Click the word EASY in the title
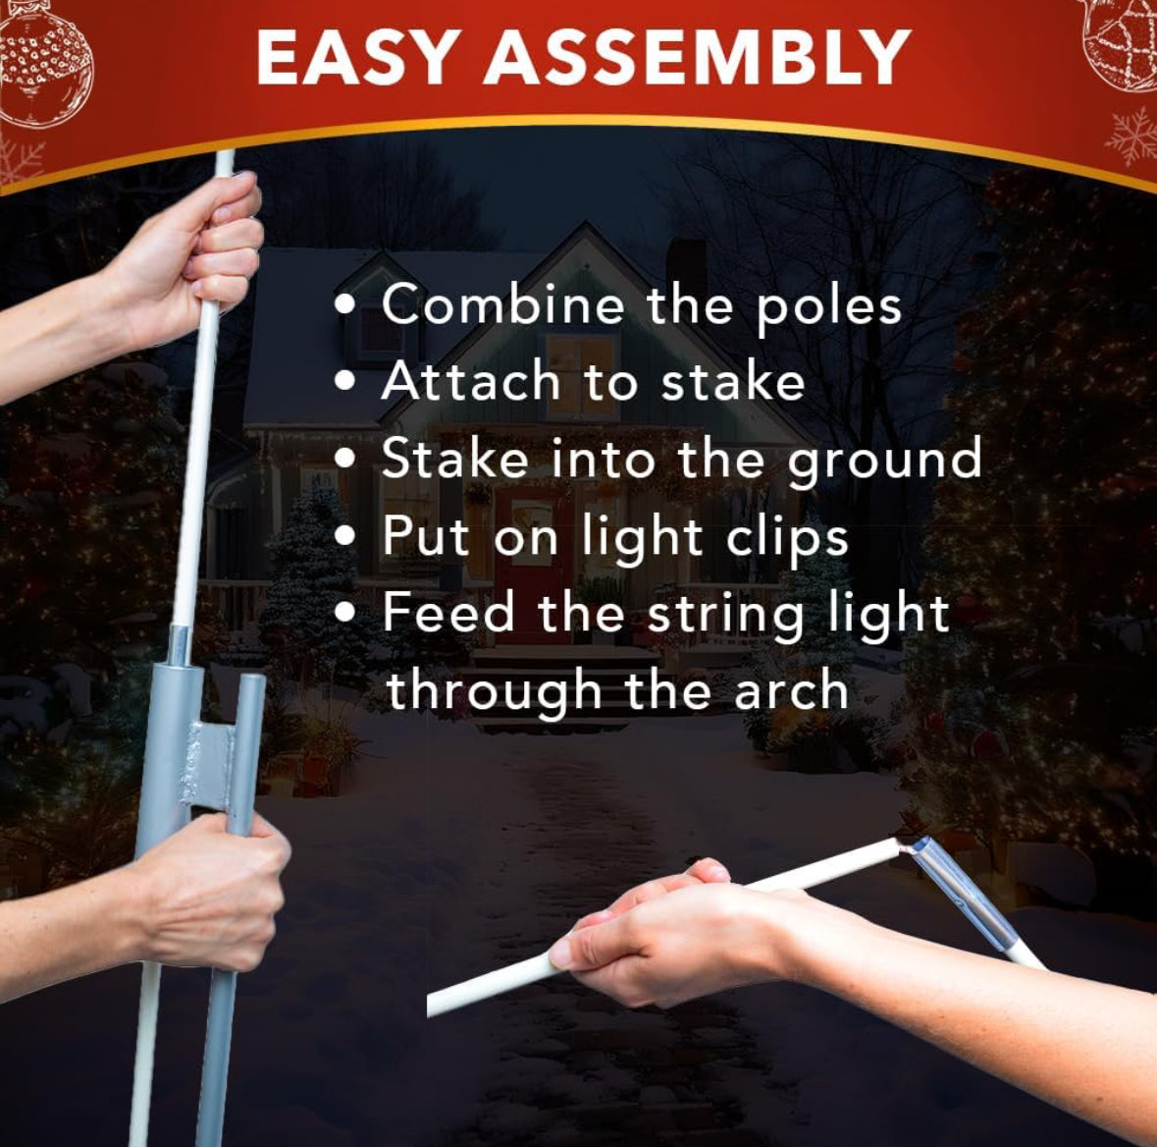pyautogui.click(x=353, y=58)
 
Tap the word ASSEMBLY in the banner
pyautogui.click(x=698, y=58)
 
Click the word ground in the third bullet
pyautogui.click(x=885, y=461)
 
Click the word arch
pyautogui.click(x=791, y=689)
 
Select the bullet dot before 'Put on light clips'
pyautogui.click(x=345, y=535)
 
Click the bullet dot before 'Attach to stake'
pyautogui.click(x=345, y=380)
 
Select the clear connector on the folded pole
pyautogui.click(x=959, y=894)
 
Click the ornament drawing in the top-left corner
pyautogui.click(x=44, y=67)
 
